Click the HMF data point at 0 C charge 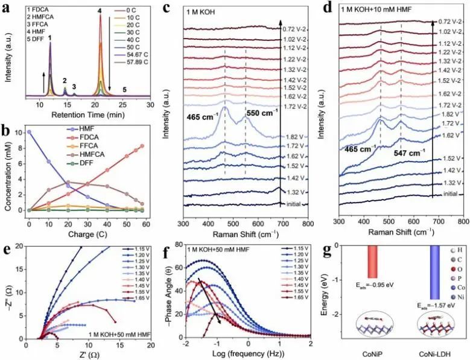[x=28, y=131]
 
